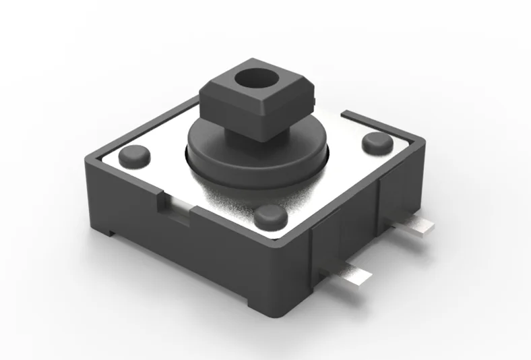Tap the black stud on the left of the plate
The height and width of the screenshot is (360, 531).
pyautogui.click(x=133, y=156)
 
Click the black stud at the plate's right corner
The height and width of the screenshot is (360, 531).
pyautogui.click(x=376, y=143)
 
